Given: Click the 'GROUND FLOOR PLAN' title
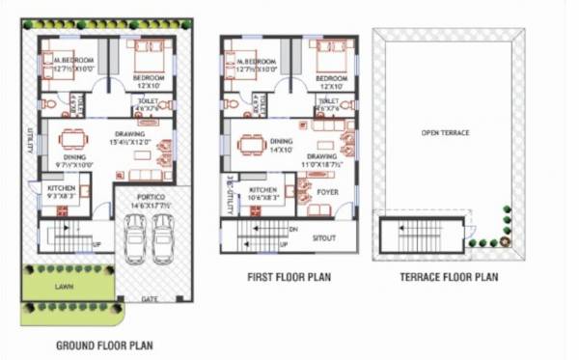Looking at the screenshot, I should (x=103, y=345).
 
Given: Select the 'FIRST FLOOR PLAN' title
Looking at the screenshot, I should (x=290, y=277).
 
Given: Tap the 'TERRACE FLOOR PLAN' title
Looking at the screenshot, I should (x=449, y=277).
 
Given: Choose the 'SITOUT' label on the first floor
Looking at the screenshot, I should (x=326, y=235).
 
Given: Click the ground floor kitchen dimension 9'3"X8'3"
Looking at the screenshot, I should (x=59, y=196).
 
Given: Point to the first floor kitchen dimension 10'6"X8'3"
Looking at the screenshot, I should (x=264, y=197).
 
